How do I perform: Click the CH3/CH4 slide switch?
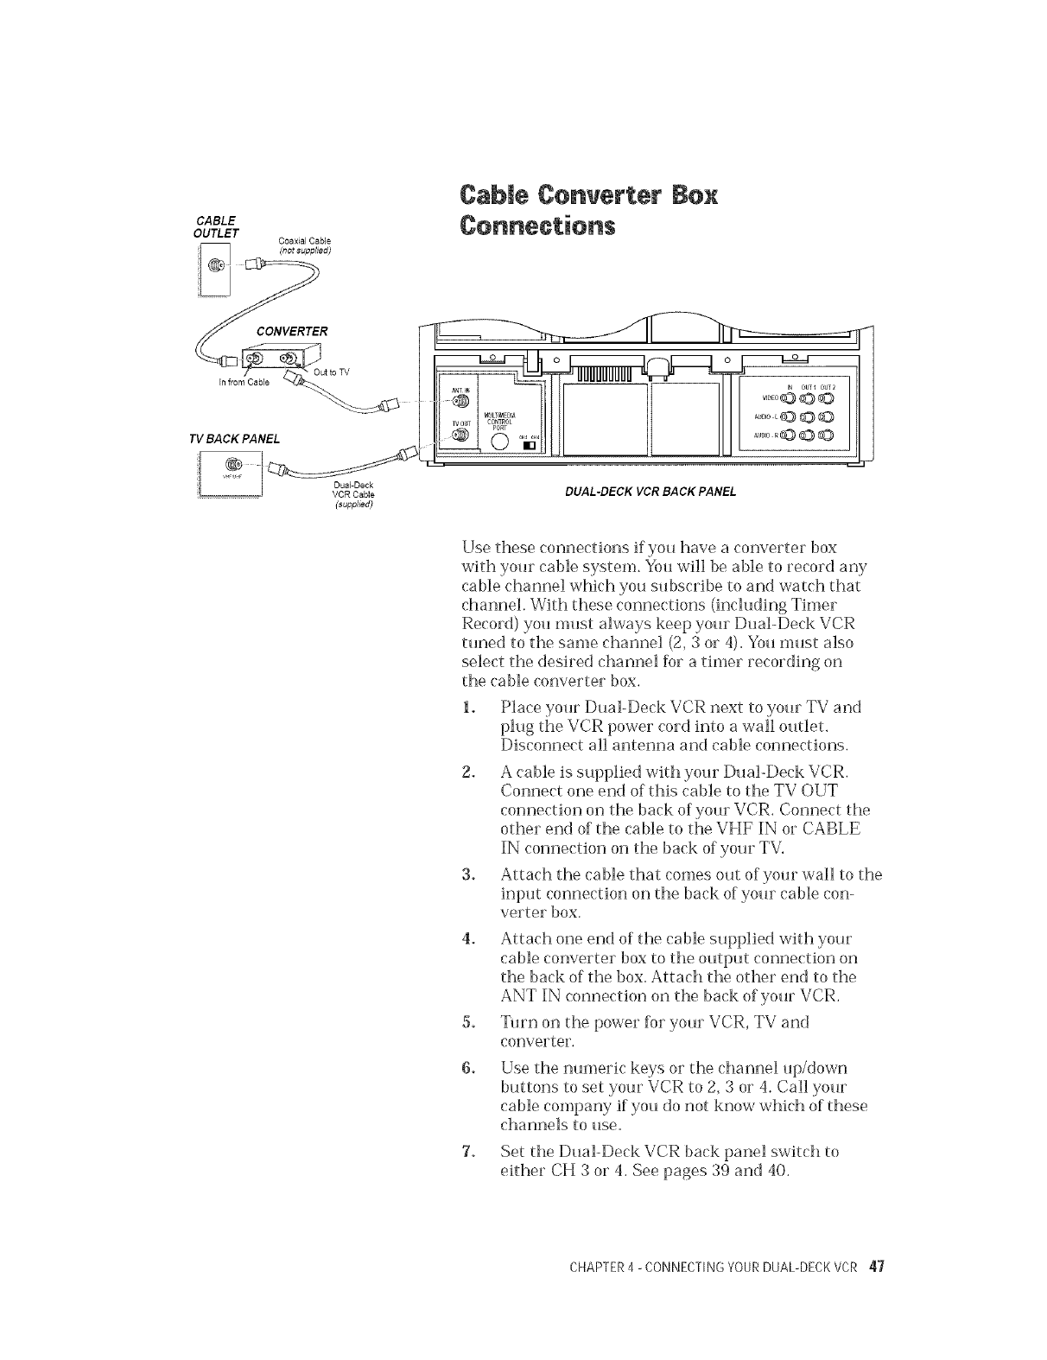(x=529, y=446)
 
